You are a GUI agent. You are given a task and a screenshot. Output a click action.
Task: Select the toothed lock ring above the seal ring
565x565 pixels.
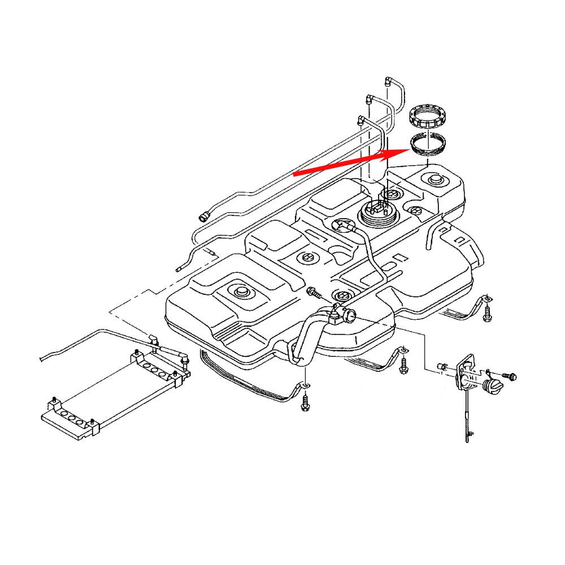(x=427, y=117)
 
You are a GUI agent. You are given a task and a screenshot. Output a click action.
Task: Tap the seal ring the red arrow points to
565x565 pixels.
(x=428, y=145)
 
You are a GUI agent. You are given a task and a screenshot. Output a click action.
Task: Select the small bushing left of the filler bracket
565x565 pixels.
(x=443, y=367)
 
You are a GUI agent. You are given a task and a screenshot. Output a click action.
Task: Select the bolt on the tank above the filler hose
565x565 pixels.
(x=312, y=293)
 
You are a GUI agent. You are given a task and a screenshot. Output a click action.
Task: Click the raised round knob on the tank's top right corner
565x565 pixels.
(x=436, y=180)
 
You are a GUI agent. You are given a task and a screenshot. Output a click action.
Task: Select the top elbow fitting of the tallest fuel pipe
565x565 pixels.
(x=389, y=80)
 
